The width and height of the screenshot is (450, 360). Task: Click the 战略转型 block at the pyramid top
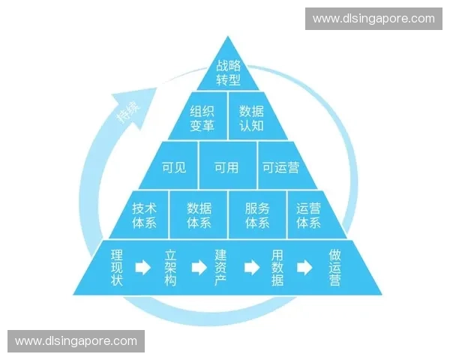coord(228,72)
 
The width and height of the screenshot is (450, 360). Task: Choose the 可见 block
coord(172,166)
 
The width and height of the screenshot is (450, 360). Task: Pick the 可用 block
coord(228,166)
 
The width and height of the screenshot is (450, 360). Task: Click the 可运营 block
coord(284,166)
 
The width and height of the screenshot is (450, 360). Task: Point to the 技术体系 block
coord(142,214)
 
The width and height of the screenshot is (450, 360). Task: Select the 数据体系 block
coord(199,214)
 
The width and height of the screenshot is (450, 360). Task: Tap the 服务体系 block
coord(257,214)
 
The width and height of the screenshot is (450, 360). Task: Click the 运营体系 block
coord(313,214)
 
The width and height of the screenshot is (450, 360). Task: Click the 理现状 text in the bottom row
coord(117,268)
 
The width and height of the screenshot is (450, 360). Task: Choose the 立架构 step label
coord(170,268)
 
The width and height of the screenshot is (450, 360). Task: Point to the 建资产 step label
coord(220,268)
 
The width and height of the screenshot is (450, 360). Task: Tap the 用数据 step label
coord(277,268)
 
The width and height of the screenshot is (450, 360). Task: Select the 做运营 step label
coord(334,268)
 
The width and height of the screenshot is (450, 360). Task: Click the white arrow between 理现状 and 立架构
coord(143,268)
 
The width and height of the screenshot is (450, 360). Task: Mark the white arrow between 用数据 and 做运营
coord(304,268)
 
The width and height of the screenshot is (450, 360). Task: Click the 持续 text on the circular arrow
coord(129,112)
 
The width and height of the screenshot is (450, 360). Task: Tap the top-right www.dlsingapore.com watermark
coord(373,19)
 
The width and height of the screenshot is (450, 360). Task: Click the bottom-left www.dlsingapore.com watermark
coord(76,341)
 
